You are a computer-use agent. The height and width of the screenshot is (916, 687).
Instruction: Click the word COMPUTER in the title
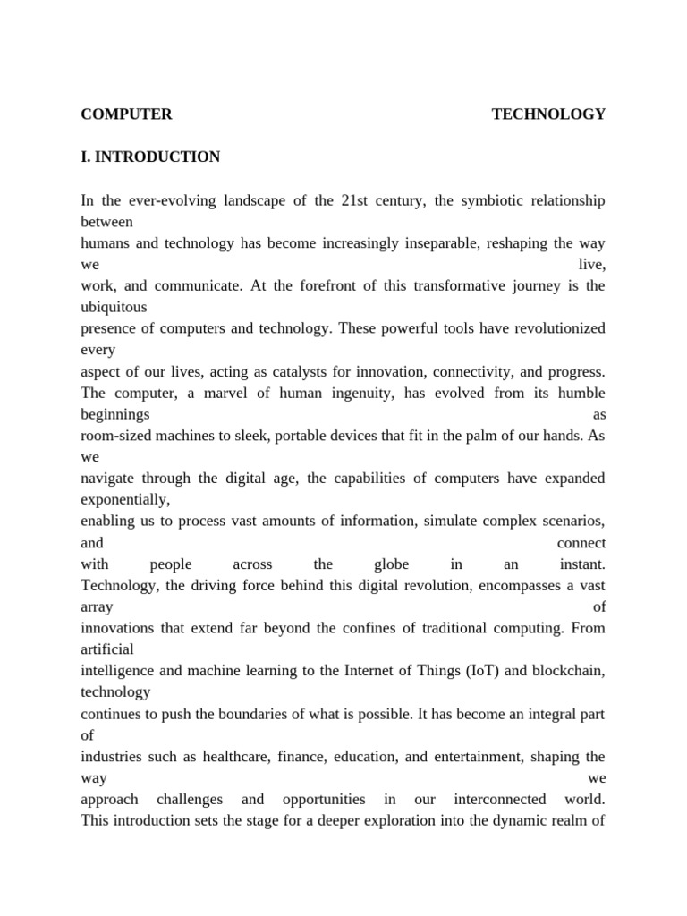point(126,114)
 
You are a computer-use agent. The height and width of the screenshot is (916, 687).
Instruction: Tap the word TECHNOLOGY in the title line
point(548,114)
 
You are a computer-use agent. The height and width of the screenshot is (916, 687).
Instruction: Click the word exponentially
point(125,500)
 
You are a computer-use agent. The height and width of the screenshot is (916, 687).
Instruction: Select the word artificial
point(107,649)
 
